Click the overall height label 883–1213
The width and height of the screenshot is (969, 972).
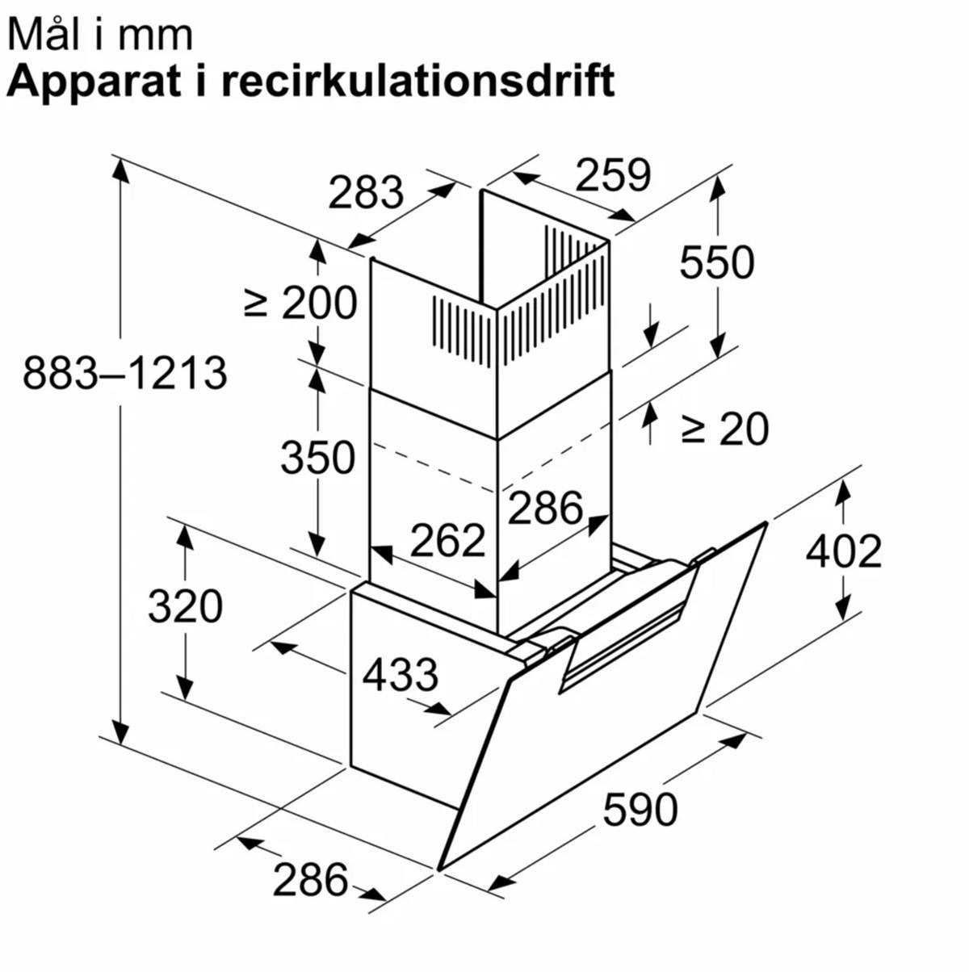pyautogui.click(x=124, y=374)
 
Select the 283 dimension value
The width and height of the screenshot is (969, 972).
pyautogui.click(x=366, y=192)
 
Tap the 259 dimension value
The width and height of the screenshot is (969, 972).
pyautogui.click(x=613, y=175)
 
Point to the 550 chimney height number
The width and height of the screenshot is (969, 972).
pyautogui.click(x=716, y=262)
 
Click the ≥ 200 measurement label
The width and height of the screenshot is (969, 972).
pyautogui.click(x=300, y=303)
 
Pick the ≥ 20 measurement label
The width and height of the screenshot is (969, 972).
pyautogui.click(x=724, y=429)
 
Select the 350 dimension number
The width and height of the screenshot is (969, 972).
pyautogui.click(x=317, y=457)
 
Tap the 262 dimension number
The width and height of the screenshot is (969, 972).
pyautogui.click(x=447, y=540)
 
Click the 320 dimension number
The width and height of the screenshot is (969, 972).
pyautogui.click(x=185, y=605)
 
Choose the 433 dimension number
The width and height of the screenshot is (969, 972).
pyautogui.click(x=400, y=674)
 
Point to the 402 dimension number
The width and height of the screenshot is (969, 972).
pyautogui.click(x=844, y=551)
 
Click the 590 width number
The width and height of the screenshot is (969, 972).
pyautogui.click(x=640, y=809)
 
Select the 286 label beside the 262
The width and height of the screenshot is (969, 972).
pyautogui.click(x=545, y=508)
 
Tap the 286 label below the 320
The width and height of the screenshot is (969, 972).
pyautogui.click(x=310, y=879)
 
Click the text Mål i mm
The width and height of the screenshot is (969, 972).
pyautogui.click(x=100, y=35)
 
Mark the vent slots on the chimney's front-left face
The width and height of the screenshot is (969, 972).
pyautogui.click(x=461, y=328)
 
